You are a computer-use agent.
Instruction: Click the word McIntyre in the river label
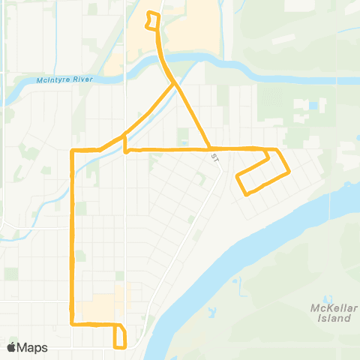(52, 80)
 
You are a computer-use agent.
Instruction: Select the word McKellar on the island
(329, 308)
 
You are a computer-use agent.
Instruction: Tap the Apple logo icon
(11, 347)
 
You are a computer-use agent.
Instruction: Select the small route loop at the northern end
(153, 21)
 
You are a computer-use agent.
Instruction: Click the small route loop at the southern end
(119, 336)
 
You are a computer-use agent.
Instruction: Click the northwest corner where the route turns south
(72, 151)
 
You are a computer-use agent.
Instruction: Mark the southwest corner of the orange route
(72, 324)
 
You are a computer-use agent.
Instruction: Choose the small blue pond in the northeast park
(312, 106)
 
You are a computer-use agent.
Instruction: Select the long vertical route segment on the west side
(72, 240)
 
